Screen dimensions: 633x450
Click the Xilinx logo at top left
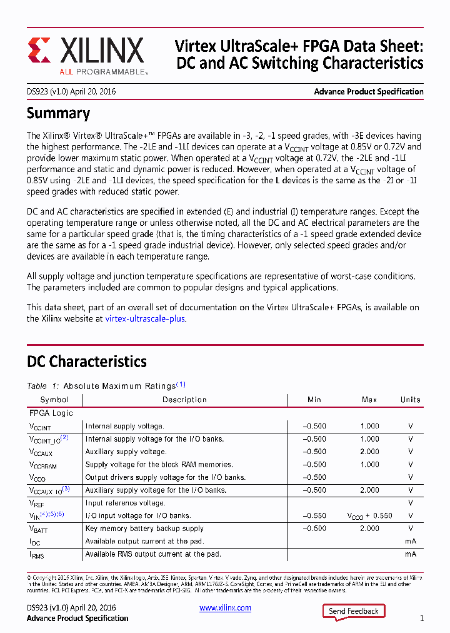(x=86, y=54)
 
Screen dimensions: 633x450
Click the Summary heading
(x=58, y=113)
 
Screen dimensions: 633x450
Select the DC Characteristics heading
(x=87, y=362)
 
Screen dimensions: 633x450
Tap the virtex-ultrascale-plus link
(x=145, y=318)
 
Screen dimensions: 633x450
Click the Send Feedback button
(x=354, y=611)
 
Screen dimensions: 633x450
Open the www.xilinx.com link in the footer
(x=225, y=608)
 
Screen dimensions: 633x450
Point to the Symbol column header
(x=54, y=400)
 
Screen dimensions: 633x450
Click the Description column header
(x=184, y=400)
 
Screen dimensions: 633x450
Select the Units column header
(x=411, y=400)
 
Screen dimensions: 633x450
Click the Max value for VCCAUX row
(x=369, y=452)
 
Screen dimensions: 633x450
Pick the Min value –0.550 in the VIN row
(x=314, y=516)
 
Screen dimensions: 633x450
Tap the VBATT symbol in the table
(x=39, y=529)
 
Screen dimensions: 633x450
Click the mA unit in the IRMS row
(x=411, y=554)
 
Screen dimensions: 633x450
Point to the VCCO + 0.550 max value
(x=369, y=516)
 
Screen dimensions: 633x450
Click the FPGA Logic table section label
(x=51, y=413)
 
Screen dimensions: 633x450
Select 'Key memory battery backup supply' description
(x=144, y=529)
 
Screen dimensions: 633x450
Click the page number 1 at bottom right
(x=422, y=618)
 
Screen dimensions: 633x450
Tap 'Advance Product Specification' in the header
(x=368, y=91)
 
